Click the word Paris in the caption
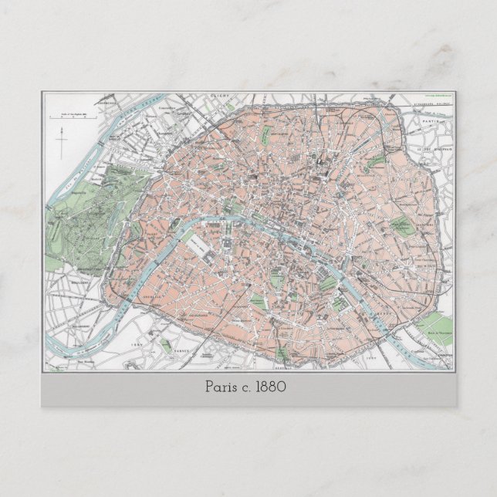pyautogui.click(x=222, y=387)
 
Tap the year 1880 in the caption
pyautogui.click(x=271, y=387)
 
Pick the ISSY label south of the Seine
pyautogui.click(x=138, y=347)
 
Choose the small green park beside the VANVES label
pyautogui.click(x=167, y=346)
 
